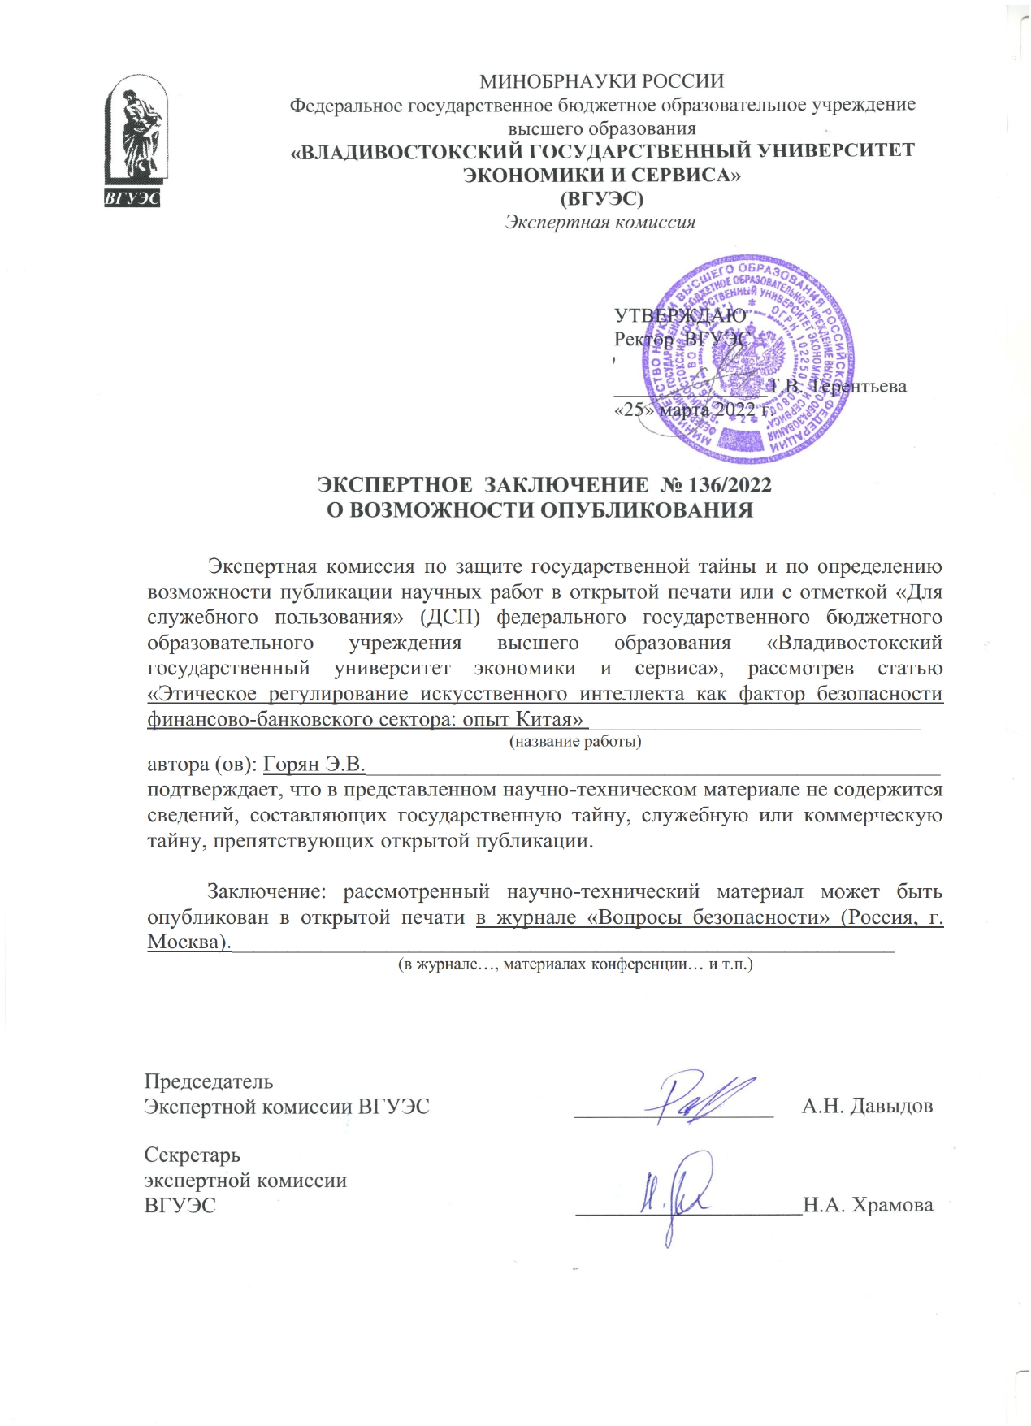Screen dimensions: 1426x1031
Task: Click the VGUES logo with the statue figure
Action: tap(134, 141)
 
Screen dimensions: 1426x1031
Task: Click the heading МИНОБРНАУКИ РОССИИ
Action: tap(601, 81)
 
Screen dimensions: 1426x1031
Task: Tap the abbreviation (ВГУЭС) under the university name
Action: tap(602, 197)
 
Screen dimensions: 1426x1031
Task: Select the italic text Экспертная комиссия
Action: tap(600, 222)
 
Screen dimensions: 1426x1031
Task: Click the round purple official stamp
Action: tap(755, 358)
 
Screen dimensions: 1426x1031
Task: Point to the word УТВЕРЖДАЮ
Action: tap(679, 315)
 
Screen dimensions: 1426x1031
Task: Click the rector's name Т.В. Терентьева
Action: tap(838, 386)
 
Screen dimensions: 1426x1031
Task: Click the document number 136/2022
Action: tap(729, 485)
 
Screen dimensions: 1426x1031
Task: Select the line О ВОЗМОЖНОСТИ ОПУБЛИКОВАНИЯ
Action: tap(539, 510)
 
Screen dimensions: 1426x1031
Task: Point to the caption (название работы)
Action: tap(574, 741)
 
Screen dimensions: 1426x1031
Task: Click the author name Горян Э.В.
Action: tap(314, 765)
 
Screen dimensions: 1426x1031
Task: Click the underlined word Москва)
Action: tap(188, 943)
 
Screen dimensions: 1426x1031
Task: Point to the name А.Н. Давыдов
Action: tap(867, 1106)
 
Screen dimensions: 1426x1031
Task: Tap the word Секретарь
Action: tap(193, 1155)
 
